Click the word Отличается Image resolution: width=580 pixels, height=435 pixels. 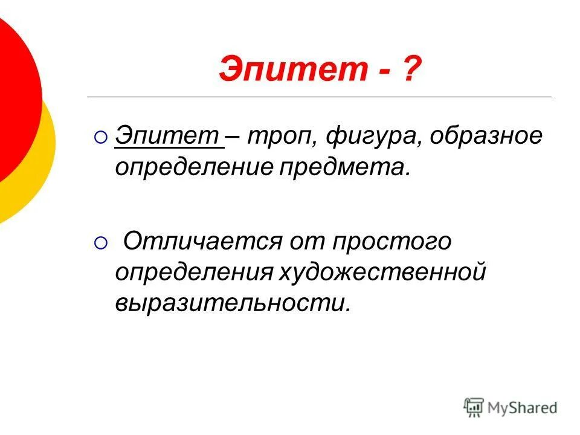(x=202, y=242)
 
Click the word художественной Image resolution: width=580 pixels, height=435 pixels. (x=382, y=272)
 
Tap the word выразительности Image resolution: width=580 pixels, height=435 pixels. (x=233, y=302)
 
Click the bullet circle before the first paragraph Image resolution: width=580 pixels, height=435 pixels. (x=100, y=138)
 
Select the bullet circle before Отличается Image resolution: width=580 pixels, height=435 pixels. (x=100, y=243)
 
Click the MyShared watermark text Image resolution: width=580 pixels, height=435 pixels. (x=523, y=408)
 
